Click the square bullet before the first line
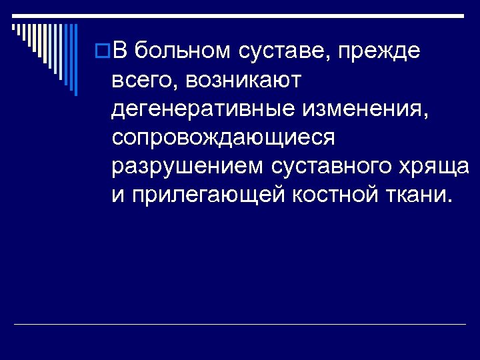click(103, 51)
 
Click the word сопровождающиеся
click(223, 137)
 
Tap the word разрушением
click(188, 167)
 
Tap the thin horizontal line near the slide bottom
click(240, 325)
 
